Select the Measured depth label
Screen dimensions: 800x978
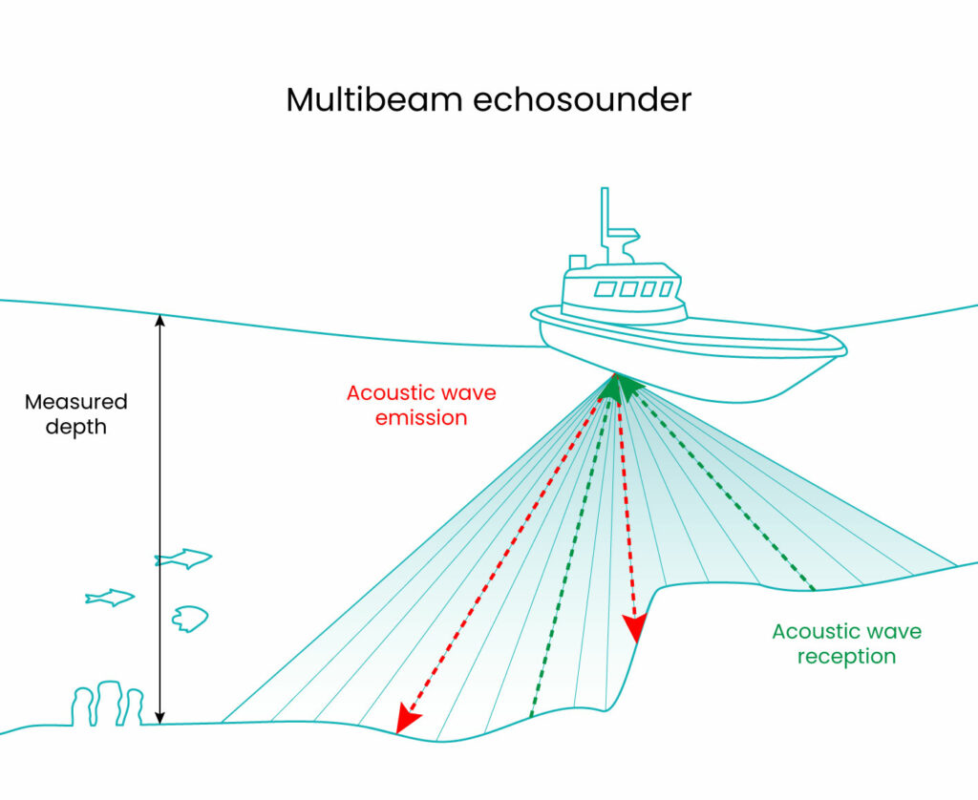click(75, 414)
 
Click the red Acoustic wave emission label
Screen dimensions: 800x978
click(421, 405)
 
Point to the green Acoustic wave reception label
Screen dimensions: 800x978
click(846, 643)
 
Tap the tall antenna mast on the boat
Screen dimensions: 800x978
click(606, 221)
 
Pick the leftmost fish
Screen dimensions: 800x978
click(109, 598)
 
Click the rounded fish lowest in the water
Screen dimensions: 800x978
click(189, 619)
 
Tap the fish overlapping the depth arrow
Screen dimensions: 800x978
click(183, 558)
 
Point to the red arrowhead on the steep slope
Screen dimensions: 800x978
click(633, 628)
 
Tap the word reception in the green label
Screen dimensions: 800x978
click(846, 657)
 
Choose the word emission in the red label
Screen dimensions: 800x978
click(421, 418)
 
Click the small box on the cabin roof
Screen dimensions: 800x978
click(577, 262)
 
